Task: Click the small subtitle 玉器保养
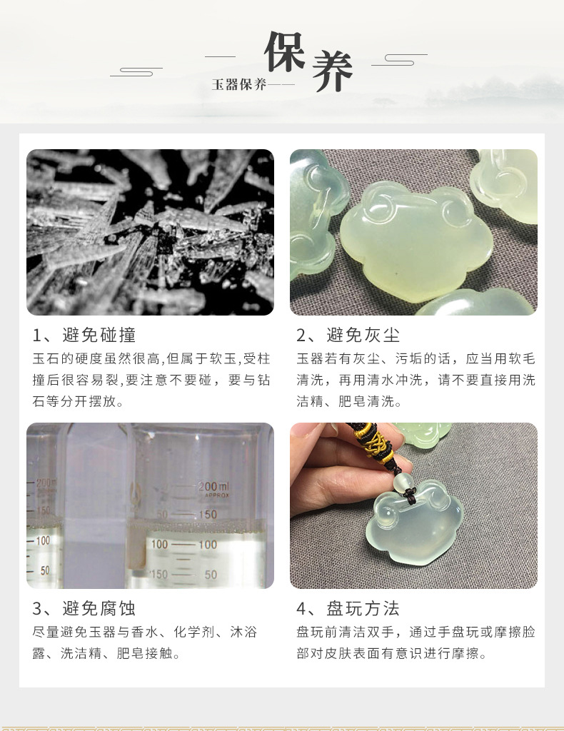pyautogui.click(x=239, y=85)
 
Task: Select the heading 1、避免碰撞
pyautogui.click(x=84, y=335)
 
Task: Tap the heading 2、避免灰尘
pyautogui.click(x=348, y=335)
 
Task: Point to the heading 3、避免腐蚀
pyautogui.click(x=84, y=608)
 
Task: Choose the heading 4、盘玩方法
pyautogui.click(x=348, y=608)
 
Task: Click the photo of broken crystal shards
pyautogui.click(x=150, y=232)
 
